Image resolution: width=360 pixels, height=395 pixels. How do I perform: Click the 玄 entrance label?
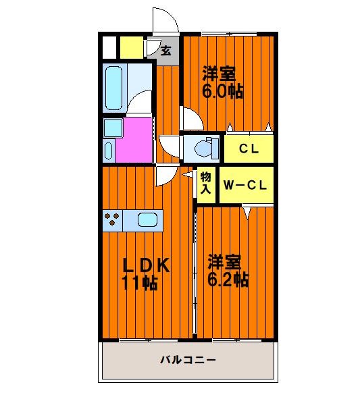pyautogui.click(x=165, y=51)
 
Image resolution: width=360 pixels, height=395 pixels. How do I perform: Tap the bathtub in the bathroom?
pyautogui.click(x=113, y=88)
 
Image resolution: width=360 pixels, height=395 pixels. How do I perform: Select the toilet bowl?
pyautogui.click(x=203, y=149)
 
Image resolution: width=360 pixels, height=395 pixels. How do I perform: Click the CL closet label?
pyautogui.click(x=249, y=149)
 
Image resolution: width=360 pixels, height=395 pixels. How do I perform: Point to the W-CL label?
pyautogui.click(x=245, y=186)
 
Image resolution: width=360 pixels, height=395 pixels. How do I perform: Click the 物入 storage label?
pyautogui.click(x=205, y=183)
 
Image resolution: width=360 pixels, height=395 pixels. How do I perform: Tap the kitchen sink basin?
pyautogui.click(x=148, y=220)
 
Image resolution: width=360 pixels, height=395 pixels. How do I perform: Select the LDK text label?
pyautogui.click(x=146, y=265)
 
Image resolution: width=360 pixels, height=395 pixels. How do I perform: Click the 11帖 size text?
pyautogui.click(x=140, y=283)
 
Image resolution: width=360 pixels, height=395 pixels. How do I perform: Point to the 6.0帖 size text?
pyautogui.click(x=223, y=91)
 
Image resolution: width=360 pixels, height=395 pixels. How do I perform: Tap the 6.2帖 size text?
pyautogui.click(x=228, y=280)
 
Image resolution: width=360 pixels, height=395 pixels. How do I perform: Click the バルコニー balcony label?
pyautogui.click(x=188, y=359)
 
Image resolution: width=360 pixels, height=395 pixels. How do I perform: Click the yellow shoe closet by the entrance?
pyautogui.click(x=131, y=48)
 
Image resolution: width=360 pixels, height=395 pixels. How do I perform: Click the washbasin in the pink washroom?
pyautogui.click(x=108, y=151)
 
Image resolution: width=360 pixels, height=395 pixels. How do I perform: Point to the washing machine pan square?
pyautogui.click(x=113, y=128)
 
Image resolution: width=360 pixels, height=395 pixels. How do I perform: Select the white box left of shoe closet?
pyautogui.click(x=109, y=48)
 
